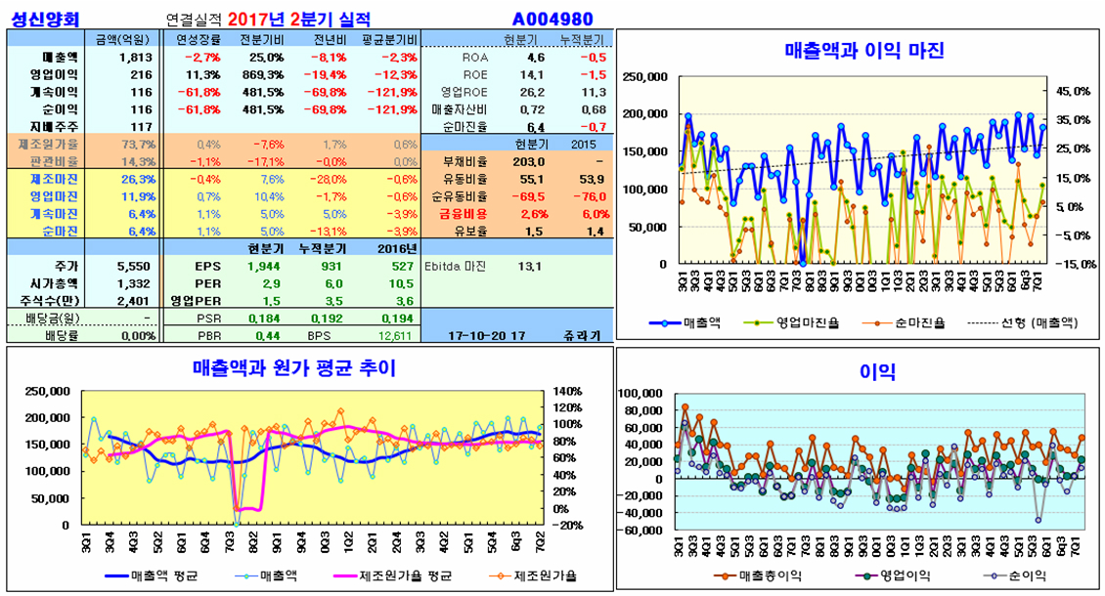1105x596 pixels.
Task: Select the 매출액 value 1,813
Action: (x=135, y=57)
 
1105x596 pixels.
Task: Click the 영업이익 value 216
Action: (x=141, y=74)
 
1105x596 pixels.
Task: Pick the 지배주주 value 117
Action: (x=141, y=127)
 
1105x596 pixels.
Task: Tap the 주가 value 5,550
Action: (x=133, y=266)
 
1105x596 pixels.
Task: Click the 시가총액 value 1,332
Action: (x=133, y=283)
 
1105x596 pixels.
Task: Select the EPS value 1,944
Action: (x=265, y=266)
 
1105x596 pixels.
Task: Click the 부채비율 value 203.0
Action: (x=529, y=161)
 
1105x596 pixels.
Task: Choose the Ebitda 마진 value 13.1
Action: (x=529, y=266)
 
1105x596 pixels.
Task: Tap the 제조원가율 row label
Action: (x=48, y=144)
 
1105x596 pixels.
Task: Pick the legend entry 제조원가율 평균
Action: (x=395, y=575)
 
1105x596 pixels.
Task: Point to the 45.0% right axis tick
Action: (x=1071, y=91)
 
